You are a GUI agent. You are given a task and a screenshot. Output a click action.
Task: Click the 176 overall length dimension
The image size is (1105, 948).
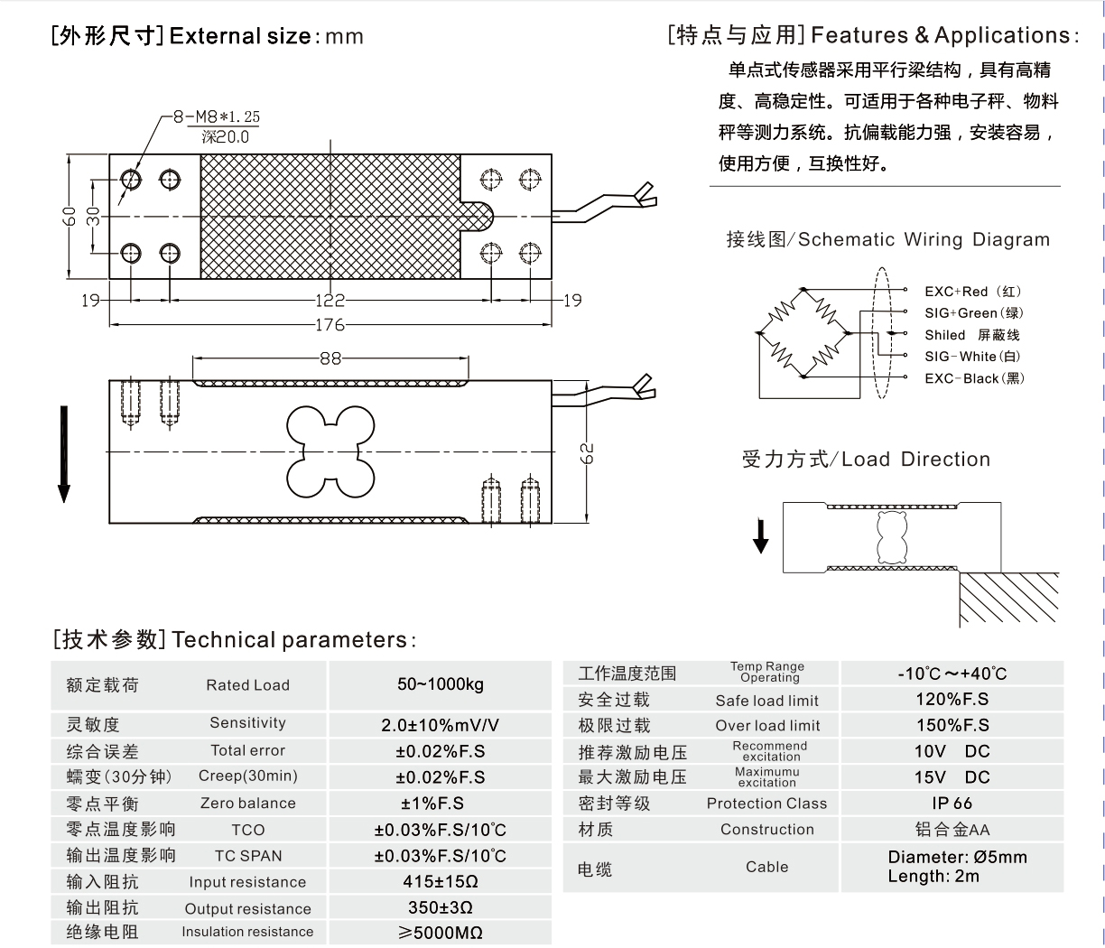tap(330, 325)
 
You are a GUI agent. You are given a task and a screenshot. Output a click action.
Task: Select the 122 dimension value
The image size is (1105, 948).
tap(330, 301)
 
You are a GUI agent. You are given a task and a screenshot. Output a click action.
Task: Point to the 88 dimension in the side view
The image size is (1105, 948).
tap(330, 358)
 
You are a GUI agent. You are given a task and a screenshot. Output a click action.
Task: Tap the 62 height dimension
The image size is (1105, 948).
tap(588, 452)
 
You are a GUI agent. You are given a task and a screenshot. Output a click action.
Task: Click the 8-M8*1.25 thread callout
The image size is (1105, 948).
tap(217, 117)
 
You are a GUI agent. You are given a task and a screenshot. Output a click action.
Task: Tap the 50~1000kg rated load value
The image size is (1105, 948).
tap(441, 684)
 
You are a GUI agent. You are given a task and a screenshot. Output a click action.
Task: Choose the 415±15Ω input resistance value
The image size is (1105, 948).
tap(441, 881)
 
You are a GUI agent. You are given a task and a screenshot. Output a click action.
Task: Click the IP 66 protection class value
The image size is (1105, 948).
tap(952, 803)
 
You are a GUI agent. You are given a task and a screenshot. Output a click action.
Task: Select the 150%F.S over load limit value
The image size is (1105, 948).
tap(952, 725)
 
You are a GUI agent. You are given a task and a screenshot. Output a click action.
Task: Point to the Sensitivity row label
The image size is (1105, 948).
tap(247, 723)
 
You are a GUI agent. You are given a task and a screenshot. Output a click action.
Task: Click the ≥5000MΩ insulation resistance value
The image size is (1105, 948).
tap(441, 933)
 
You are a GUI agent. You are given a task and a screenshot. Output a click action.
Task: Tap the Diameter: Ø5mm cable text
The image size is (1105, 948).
tap(957, 857)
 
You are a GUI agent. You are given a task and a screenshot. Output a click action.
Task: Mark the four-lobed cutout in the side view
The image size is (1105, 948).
tap(330, 451)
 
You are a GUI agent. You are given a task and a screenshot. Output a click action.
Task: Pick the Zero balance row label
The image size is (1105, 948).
tap(247, 803)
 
